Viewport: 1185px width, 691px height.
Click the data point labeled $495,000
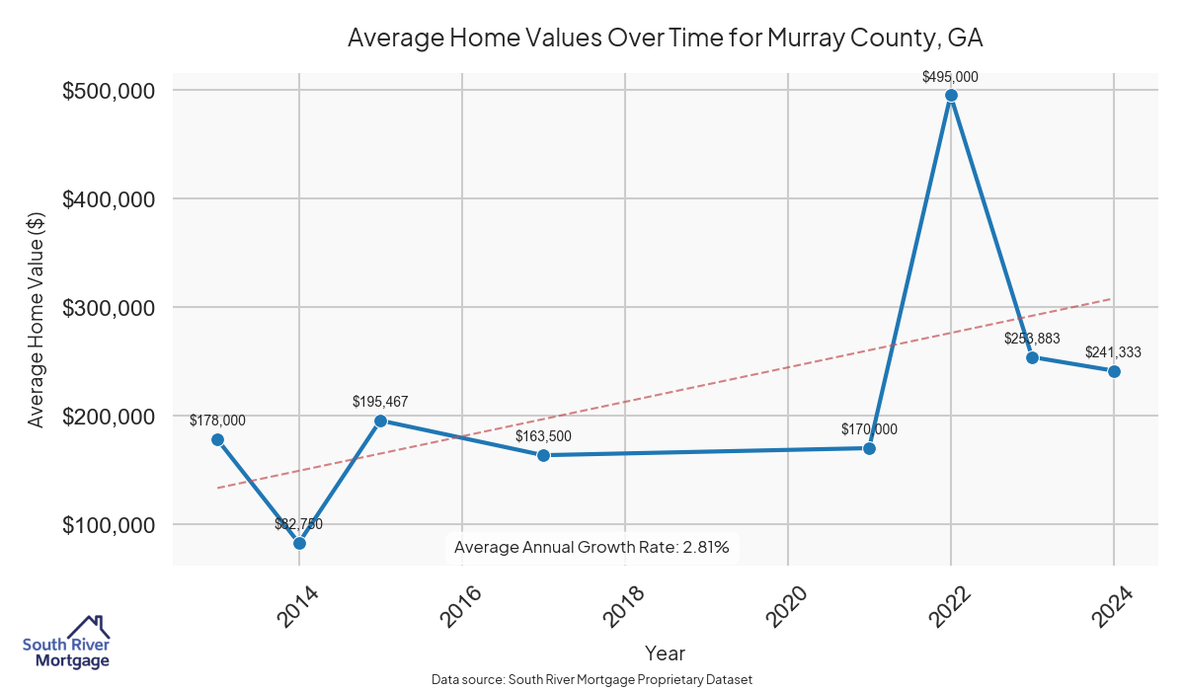[x=951, y=96]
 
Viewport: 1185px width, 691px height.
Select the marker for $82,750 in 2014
[x=299, y=543]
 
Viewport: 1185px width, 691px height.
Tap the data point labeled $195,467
[x=380, y=421]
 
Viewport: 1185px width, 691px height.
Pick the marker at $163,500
[x=543, y=455]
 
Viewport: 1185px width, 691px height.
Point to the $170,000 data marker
[x=869, y=448]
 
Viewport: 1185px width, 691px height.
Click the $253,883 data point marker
[x=1032, y=357]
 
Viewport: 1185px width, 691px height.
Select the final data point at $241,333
[x=1114, y=371]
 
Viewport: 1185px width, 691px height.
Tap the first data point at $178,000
[x=217, y=439]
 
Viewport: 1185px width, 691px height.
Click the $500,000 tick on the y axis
[x=109, y=91]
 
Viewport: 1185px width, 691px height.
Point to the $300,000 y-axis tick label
[x=109, y=308]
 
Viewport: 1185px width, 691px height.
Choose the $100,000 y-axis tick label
[x=109, y=525]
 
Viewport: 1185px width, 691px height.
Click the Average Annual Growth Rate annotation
[x=592, y=547]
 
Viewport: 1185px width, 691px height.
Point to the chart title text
[x=665, y=38]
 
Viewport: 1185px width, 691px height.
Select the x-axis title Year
[x=665, y=653]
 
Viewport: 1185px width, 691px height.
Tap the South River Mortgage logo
[x=66, y=644]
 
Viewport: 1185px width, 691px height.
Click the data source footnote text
[x=592, y=680]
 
